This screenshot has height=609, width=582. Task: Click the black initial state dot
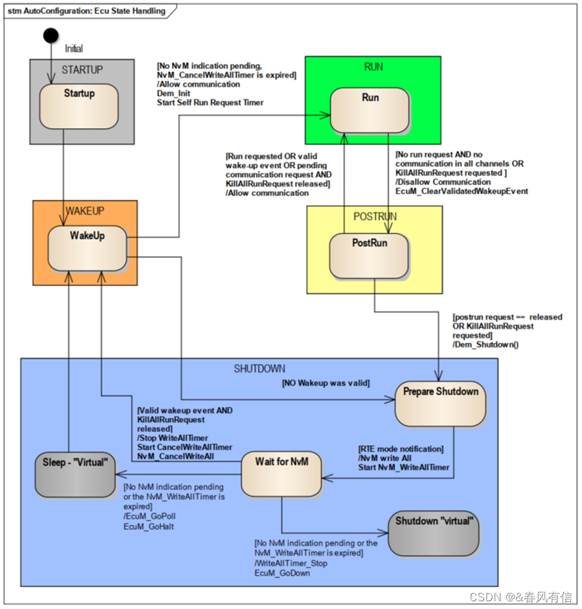point(51,35)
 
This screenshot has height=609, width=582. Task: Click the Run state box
point(370,110)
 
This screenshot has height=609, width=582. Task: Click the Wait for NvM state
point(281,473)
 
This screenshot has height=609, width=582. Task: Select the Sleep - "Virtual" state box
point(75,474)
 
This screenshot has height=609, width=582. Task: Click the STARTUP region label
point(82,69)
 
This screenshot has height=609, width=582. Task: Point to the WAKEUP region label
point(85,211)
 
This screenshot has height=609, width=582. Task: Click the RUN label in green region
point(373,67)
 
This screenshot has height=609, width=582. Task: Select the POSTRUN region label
point(375,217)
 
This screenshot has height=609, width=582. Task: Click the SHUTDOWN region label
point(259,368)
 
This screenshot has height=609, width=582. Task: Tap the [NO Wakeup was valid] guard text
point(326,383)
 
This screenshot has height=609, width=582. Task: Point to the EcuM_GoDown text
point(282,572)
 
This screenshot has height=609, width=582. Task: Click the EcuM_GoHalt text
point(148,526)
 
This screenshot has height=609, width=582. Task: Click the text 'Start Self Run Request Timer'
point(210,102)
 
